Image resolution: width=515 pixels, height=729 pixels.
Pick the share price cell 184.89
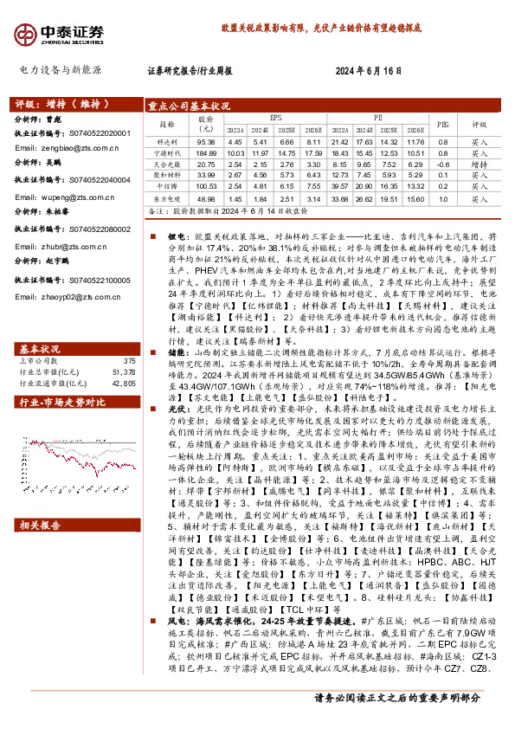coord(206,152)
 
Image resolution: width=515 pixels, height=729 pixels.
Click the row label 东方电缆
coord(166,197)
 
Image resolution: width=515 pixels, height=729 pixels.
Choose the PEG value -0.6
coord(442,164)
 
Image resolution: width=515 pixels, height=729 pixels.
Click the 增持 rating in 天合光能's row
coord(479,164)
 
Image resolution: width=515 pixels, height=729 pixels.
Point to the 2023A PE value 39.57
coord(339,186)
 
